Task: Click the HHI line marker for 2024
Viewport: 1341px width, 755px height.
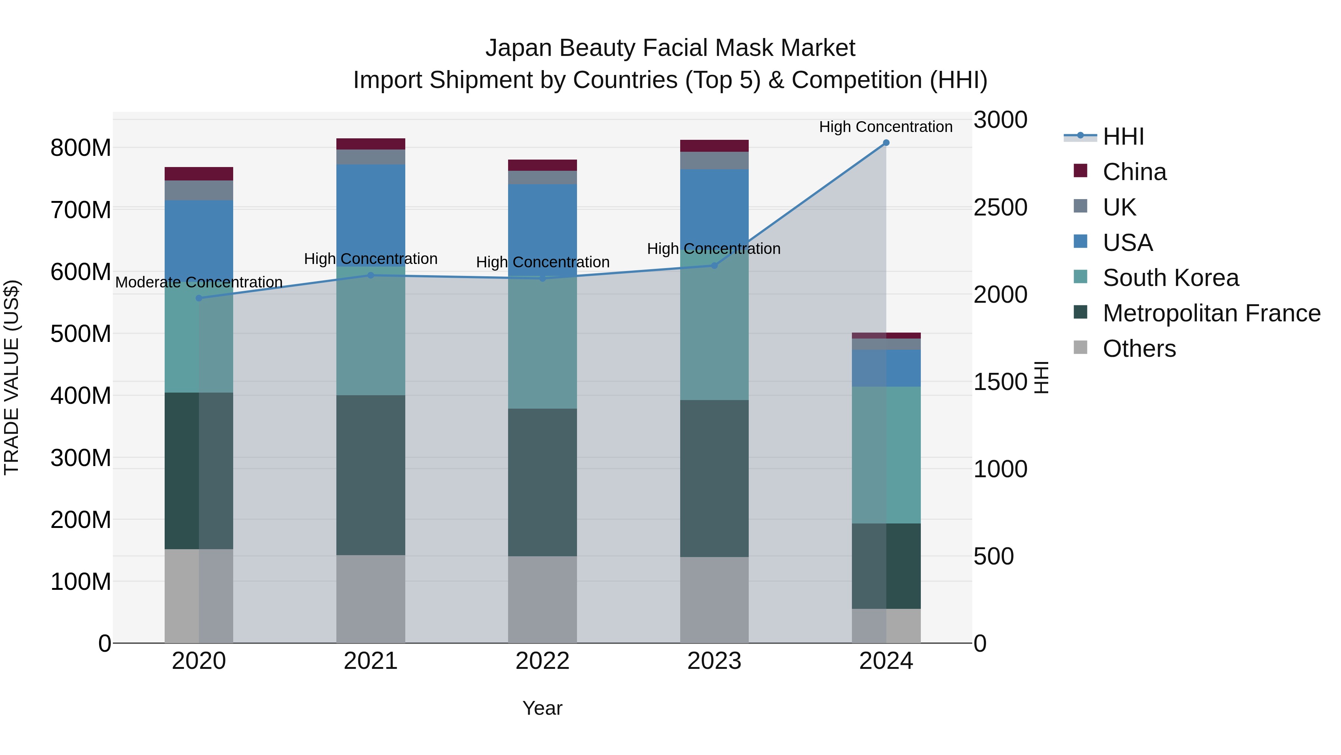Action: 886,143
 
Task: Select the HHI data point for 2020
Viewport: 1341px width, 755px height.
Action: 199,298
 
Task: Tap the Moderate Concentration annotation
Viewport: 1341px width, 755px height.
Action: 199,282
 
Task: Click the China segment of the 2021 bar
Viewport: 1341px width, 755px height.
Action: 371,144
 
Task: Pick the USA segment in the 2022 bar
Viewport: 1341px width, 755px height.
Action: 542,229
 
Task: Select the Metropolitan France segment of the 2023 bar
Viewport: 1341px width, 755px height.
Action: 714,478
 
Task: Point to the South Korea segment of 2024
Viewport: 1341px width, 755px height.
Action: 886,454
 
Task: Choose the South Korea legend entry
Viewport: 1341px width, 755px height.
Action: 1170,278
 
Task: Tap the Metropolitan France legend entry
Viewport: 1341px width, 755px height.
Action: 1211,313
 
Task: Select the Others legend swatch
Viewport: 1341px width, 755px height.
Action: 1080,347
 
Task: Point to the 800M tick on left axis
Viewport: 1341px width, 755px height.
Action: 81,148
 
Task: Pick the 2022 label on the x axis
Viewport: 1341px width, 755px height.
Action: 542,661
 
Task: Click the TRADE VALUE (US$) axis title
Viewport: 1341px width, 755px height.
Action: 12,377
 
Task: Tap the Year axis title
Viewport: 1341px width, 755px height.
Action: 542,708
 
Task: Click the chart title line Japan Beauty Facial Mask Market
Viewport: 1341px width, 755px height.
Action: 670,48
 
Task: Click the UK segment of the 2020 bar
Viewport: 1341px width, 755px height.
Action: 199,190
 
